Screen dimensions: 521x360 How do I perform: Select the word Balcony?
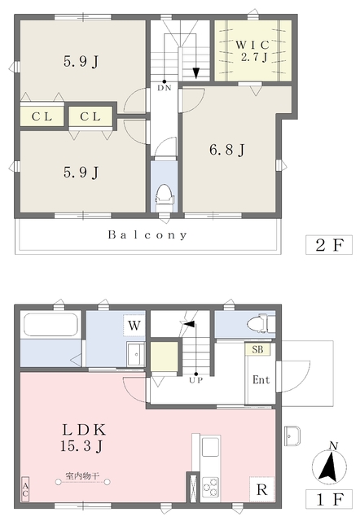click(148, 235)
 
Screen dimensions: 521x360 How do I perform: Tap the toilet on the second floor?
click(163, 194)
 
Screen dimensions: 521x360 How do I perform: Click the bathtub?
click(50, 326)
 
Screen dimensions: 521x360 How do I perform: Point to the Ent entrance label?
click(261, 380)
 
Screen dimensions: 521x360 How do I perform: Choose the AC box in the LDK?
click(24, 488)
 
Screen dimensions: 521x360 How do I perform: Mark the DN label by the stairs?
click(165, 88)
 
